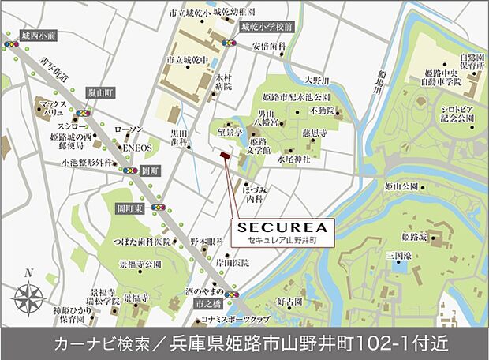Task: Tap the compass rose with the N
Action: [x=29, y=298]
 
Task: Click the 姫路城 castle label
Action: [x=413, y=236]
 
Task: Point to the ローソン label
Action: [x=127, y=129]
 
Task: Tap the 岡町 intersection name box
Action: [x=150, y=169]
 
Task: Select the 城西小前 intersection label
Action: [x=39, y=36]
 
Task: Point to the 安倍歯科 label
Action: [x=267, y=47]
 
